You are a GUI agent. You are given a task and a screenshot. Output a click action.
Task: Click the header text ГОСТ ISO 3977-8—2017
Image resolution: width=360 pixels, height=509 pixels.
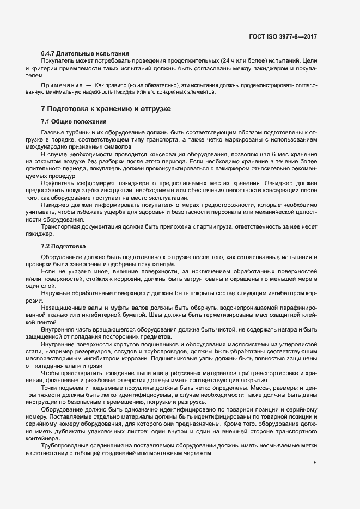282,37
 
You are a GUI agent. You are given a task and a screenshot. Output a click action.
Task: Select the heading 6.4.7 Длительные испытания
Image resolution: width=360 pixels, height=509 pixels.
85,53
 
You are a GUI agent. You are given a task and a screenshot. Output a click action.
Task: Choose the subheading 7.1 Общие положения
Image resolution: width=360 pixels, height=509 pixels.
74,121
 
